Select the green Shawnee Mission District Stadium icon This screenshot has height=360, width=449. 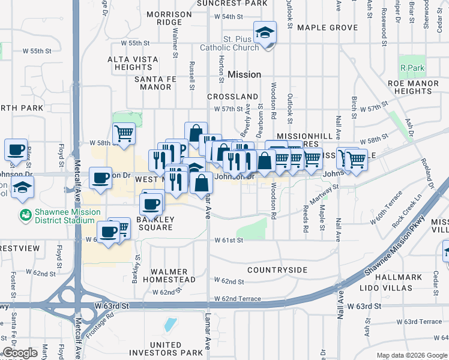25,214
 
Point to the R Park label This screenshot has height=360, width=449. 412,68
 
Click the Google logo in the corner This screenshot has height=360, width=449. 20,353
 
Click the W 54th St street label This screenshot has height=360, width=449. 229,17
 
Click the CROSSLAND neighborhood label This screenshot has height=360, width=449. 233,97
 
